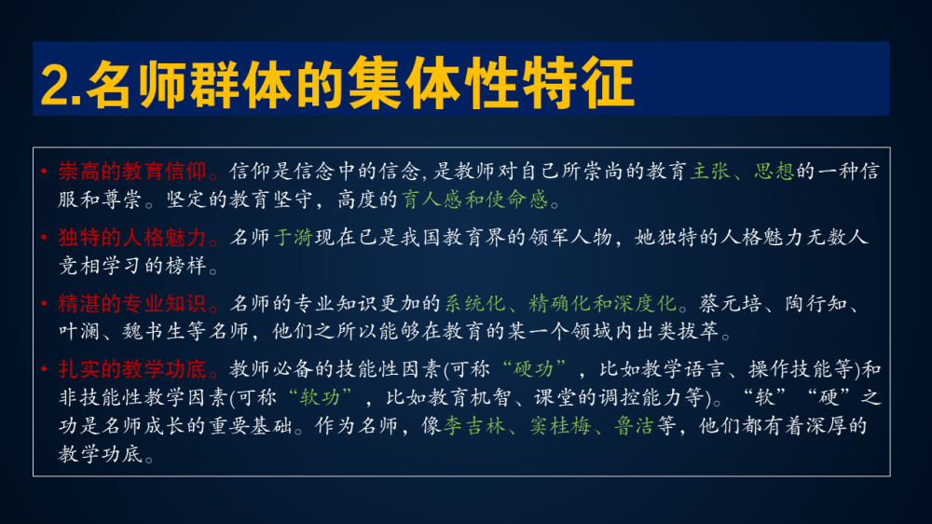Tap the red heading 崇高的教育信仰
[132, 172]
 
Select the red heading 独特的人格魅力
[132, 238]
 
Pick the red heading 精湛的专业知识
[132, 304]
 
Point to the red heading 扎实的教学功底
[132, 370]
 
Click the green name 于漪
[294, 238]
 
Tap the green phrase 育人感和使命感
[474, 200]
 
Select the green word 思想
[774, 172]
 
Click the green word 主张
[709, 172]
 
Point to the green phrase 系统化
[475, 304]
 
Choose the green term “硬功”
[534, 370]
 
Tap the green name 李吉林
[473, 426]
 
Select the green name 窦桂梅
[560, 426]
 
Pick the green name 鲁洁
[634, 426]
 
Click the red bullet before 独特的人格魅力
[45, 238]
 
